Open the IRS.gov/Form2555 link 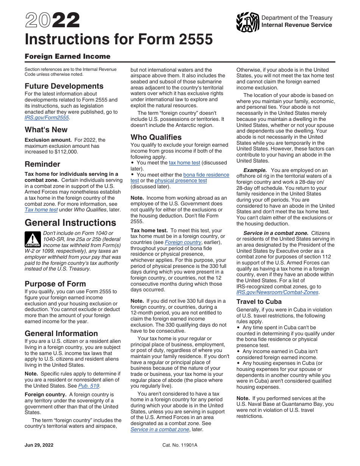click(47, 118)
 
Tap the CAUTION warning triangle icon click(33, 239)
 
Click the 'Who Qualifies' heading click(156, 137)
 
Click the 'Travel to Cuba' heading click(259, 302)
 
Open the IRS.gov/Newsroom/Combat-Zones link click(278, 292)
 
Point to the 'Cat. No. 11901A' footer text click(180, 445)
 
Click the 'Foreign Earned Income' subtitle click(67, 56)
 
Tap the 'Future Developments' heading click(64, 86)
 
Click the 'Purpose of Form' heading click(55, 284)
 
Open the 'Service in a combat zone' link click(160, 429)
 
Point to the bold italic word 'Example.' click(255, 170)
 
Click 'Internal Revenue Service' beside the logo click(297, 25)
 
